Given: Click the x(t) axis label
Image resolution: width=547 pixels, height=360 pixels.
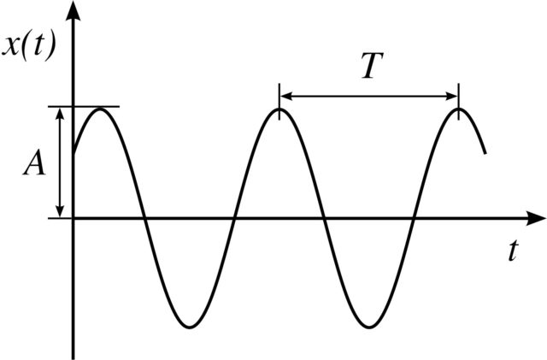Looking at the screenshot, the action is [x=28, y=48].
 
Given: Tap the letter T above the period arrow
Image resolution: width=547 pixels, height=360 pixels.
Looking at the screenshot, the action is [x=372, y=66].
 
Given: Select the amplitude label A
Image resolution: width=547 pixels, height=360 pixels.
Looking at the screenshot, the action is [x=34, y=164].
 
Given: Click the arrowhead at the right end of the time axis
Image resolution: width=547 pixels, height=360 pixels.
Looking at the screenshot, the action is [x=536, y=218].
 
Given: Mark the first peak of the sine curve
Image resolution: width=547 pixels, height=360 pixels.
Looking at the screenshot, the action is [x=101, y=109].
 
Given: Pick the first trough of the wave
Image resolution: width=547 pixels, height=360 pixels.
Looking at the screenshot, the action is [x=190, y=327].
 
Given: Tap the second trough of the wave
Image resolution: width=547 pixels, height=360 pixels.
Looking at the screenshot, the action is [x=369, y=327].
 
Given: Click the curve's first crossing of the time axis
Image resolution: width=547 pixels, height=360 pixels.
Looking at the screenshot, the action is [x=144, y=218].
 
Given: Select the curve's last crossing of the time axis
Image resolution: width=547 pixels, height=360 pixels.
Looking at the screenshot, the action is [x=414, y=218].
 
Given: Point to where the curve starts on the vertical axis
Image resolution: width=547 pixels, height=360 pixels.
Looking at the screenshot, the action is [x=74, y=153].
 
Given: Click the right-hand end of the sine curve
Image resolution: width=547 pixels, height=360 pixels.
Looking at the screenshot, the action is [x=485, y=152].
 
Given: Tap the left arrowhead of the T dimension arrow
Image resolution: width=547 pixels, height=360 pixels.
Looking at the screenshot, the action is [x=285, y=96].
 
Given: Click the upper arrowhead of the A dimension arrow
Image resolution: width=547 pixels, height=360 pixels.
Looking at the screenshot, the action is [x=61, y=113].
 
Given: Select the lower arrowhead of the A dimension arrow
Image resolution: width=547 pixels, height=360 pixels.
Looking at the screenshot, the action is [x=61, y=211].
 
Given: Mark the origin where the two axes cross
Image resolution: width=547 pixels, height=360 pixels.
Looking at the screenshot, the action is [x=74, y=218].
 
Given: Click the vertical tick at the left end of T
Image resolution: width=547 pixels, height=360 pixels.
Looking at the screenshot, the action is [x=279, y=101].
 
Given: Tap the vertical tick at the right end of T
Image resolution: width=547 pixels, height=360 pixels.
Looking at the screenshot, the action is [x=458, y=101].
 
